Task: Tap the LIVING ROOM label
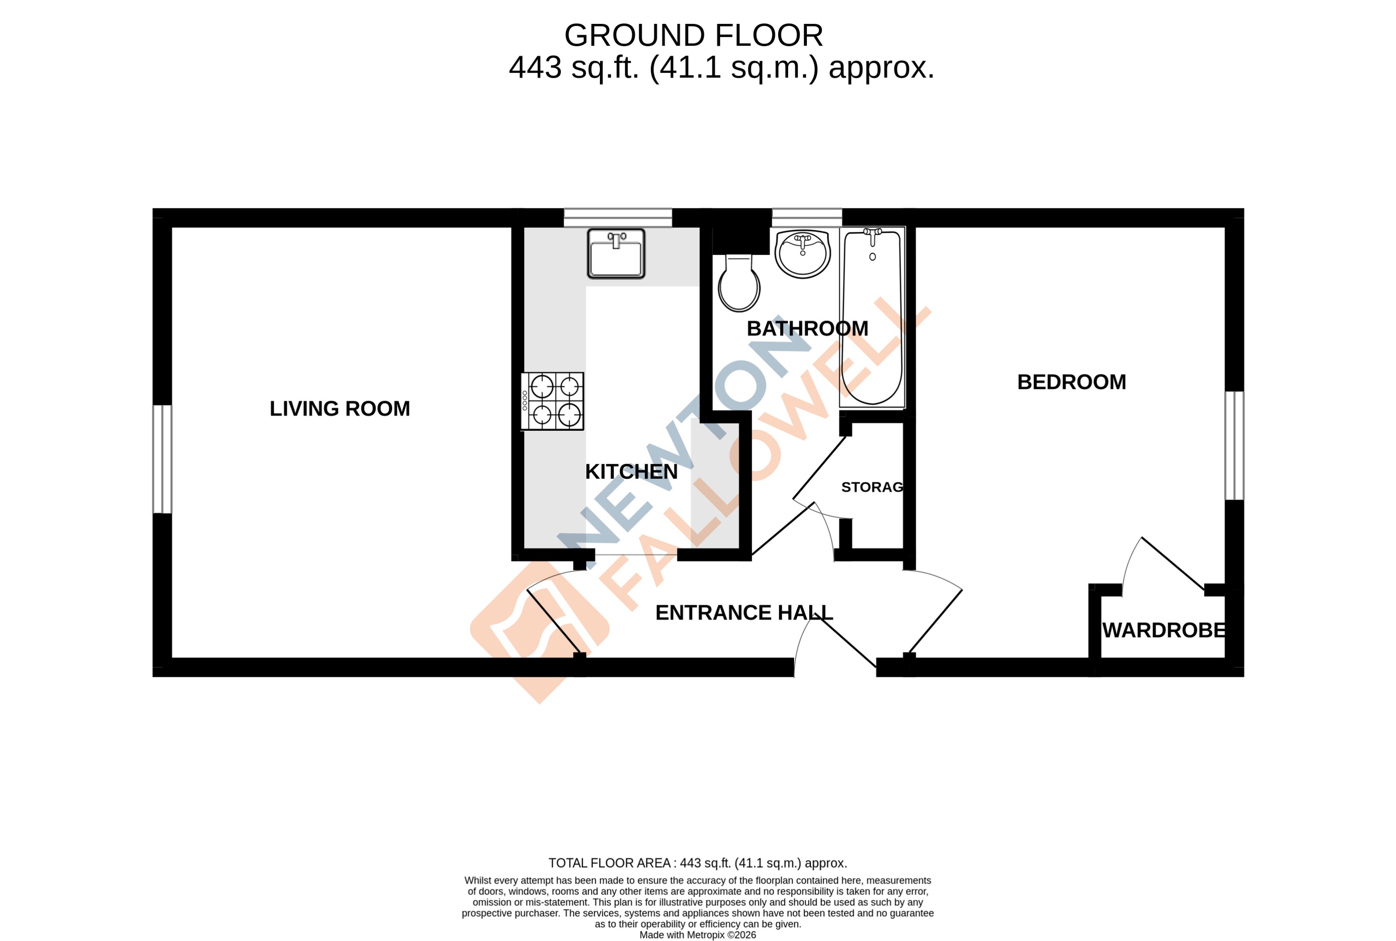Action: click(x=339, y=409)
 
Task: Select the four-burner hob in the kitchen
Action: click(x=552, y=401)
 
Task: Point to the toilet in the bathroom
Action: click(x=739, y=285)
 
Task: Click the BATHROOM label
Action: click(x=807, y=329)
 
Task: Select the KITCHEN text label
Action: click(x=631, y=472)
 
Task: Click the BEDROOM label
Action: click(x=1071, y=382)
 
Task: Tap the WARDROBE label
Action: click(x=1164, y=630)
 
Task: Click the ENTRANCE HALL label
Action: click(x=744, y=613)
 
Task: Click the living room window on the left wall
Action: click(x=162, y=459)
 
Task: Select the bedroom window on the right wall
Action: click(x=1234, y=445)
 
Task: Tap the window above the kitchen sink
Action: click(x=617, y=217)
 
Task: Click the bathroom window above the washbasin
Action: click(x=806, y=217)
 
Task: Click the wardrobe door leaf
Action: click(x=1173, y=564)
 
